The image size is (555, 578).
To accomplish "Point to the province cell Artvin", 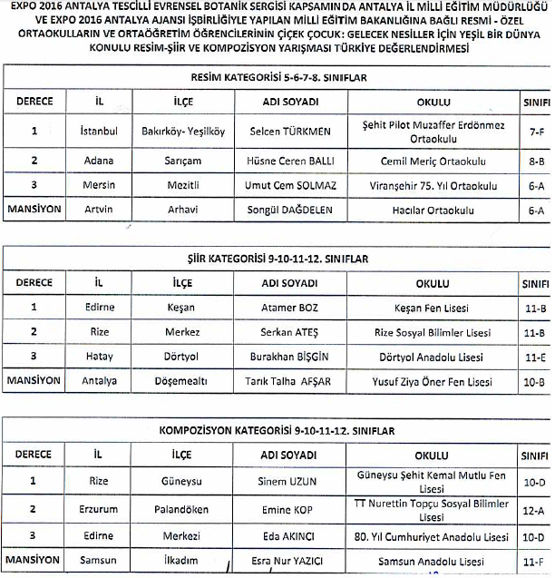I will pos(98,210).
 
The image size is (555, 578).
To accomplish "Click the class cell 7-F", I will pos(535,131).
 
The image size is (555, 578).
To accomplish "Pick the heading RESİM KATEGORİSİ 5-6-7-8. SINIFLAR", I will pos(279,79).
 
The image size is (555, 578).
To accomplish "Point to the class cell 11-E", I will pos(535,357).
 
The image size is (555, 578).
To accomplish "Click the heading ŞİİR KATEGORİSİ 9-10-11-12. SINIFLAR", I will pos(279,258).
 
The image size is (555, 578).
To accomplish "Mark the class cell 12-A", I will pos(535,508).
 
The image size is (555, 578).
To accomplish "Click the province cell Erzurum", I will pos(98,508).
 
